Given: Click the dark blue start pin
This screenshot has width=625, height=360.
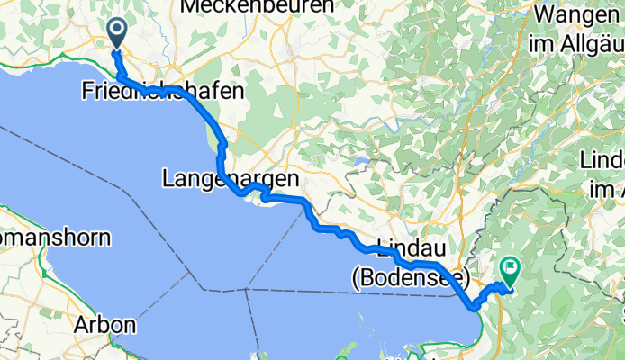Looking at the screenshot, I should pos(118,32).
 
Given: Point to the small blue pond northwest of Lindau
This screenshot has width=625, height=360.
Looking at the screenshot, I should pos(359,163).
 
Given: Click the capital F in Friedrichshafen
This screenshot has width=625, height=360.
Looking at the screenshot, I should pos(87,91).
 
